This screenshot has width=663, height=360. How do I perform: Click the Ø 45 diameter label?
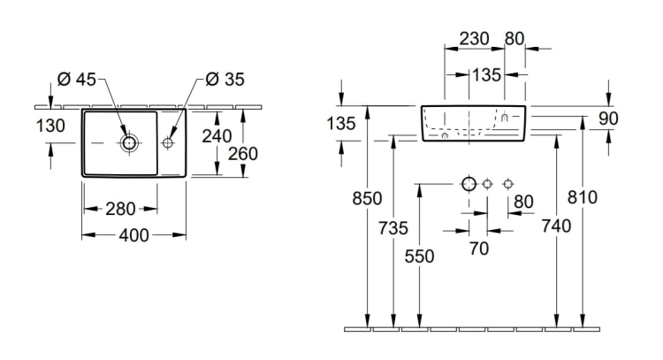point(77,79)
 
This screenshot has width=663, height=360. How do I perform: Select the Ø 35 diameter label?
point(225,79)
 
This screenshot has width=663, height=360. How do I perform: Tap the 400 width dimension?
point(133,235)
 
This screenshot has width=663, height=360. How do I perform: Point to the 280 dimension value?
point(120,209)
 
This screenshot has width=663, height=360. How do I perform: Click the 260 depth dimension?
point(243,154)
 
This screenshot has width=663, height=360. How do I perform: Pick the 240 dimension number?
point(217,136)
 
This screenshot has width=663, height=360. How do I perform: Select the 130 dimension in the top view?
point(50,126)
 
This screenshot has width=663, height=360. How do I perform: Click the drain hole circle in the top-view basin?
point(129,143)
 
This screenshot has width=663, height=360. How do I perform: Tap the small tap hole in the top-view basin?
point(168,143)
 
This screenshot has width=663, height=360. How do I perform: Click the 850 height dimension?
point(367,198)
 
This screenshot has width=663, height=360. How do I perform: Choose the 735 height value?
point(393,228)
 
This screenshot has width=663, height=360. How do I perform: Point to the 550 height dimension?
point(419,257)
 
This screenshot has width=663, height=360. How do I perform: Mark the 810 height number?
point(583,197)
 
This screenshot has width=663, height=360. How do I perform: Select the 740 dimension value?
point(556,226)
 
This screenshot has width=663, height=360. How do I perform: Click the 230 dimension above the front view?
point(474,39)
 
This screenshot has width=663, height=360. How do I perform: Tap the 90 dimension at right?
point(608,119)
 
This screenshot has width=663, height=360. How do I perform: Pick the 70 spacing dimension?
point(479,249)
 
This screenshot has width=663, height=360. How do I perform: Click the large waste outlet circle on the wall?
point(469,184)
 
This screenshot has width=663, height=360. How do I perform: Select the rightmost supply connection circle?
point(508,184)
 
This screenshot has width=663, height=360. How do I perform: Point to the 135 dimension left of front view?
point(341,124)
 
